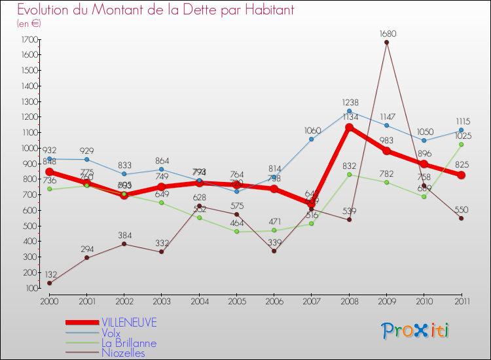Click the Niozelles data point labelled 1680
386,43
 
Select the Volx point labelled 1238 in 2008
349,111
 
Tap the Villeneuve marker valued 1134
349,128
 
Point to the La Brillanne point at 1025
461,145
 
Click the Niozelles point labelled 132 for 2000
49,283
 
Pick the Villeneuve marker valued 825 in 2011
461,175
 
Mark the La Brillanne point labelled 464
236,232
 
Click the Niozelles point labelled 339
274,251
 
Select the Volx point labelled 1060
312,139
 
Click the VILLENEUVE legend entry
129,323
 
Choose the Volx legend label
111,333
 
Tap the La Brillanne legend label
128,343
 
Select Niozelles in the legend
122,353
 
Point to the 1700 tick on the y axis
28,40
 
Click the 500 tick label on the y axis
28,226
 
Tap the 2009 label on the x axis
386,300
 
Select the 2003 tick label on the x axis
162,300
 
